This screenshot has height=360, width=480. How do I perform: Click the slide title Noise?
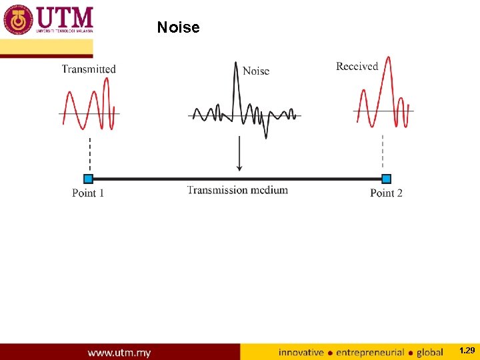[178, 27]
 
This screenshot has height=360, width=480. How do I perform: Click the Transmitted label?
[89, 69]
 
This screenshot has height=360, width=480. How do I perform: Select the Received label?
[357, 66]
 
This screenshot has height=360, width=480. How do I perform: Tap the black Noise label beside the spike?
[256, 71]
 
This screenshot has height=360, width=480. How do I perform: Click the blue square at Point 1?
[88, 179]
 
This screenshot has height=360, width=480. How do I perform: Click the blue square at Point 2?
[386, 179]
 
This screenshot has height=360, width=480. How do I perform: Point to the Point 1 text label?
[88, 193]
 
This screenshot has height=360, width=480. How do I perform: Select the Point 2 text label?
[386, 193]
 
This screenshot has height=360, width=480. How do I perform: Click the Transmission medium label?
[237, 190]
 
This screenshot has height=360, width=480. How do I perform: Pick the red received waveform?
[383, 100]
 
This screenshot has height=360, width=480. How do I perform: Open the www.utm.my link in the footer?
[119, 352]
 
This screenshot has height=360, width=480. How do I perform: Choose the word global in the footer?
[430, 352]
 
